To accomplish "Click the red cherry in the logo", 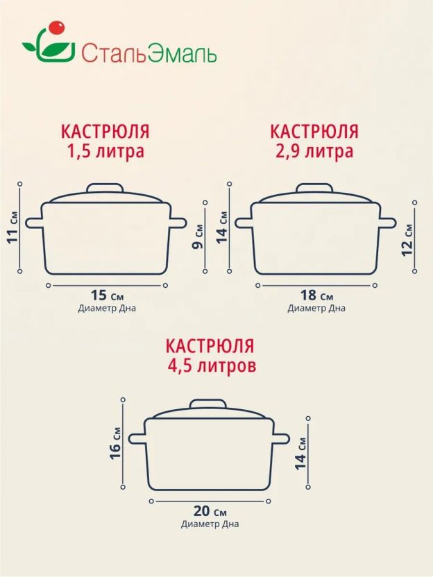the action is [x=56, y=28].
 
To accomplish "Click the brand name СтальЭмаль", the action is [x=148, y=53].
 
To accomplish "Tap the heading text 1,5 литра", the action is [x=105, y=152].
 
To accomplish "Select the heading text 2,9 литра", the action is [x=314, y=152].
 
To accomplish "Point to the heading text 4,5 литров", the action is [x=212, y=366].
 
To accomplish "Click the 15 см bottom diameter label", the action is [x=107, y=295].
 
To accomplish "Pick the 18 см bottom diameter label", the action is [x=316, y=295].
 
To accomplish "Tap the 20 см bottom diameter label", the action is [x=210, y=511].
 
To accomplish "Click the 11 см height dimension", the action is [x=12, y=227].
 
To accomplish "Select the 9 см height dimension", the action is [x=198, y=237].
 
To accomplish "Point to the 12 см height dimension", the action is [x=407, y=240].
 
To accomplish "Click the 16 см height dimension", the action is [x=115, y=443].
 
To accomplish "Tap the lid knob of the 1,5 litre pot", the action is [x=105, y=188].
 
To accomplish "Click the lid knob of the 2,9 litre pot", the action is [x=315, y=188].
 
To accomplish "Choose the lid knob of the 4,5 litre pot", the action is [x=208, y=404].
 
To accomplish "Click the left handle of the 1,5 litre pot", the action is [x=34, y=223].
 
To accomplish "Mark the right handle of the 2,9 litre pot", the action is [x=387, y=223].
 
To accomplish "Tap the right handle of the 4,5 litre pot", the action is [x=281, y=439].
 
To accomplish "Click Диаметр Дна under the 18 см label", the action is [x=316, y=308].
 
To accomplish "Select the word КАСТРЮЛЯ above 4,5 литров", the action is [x=210, y=346].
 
